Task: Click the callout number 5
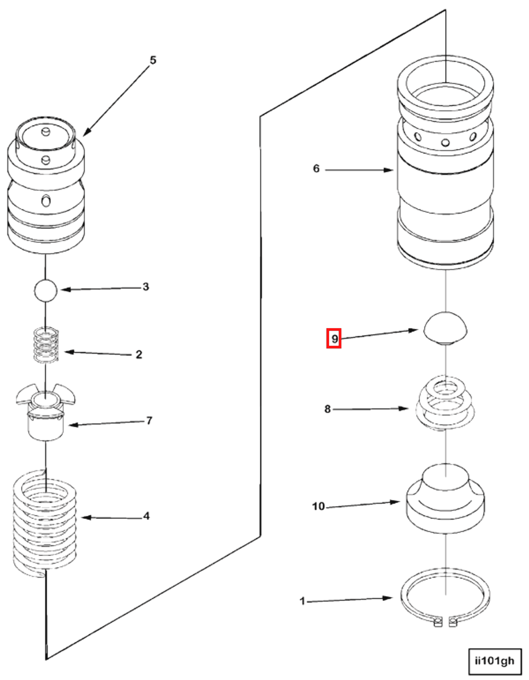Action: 153,60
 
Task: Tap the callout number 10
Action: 318,506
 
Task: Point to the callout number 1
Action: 302,601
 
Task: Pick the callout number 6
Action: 316,169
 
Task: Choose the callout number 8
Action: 327,409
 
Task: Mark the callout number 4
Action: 146,516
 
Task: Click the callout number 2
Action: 139,355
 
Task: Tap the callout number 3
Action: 145,287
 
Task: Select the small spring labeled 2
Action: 46,345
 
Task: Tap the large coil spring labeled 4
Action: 45,524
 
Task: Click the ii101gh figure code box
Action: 494,661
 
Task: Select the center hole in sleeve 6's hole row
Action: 445,143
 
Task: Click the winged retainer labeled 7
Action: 46,411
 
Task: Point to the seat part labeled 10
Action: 445,501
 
